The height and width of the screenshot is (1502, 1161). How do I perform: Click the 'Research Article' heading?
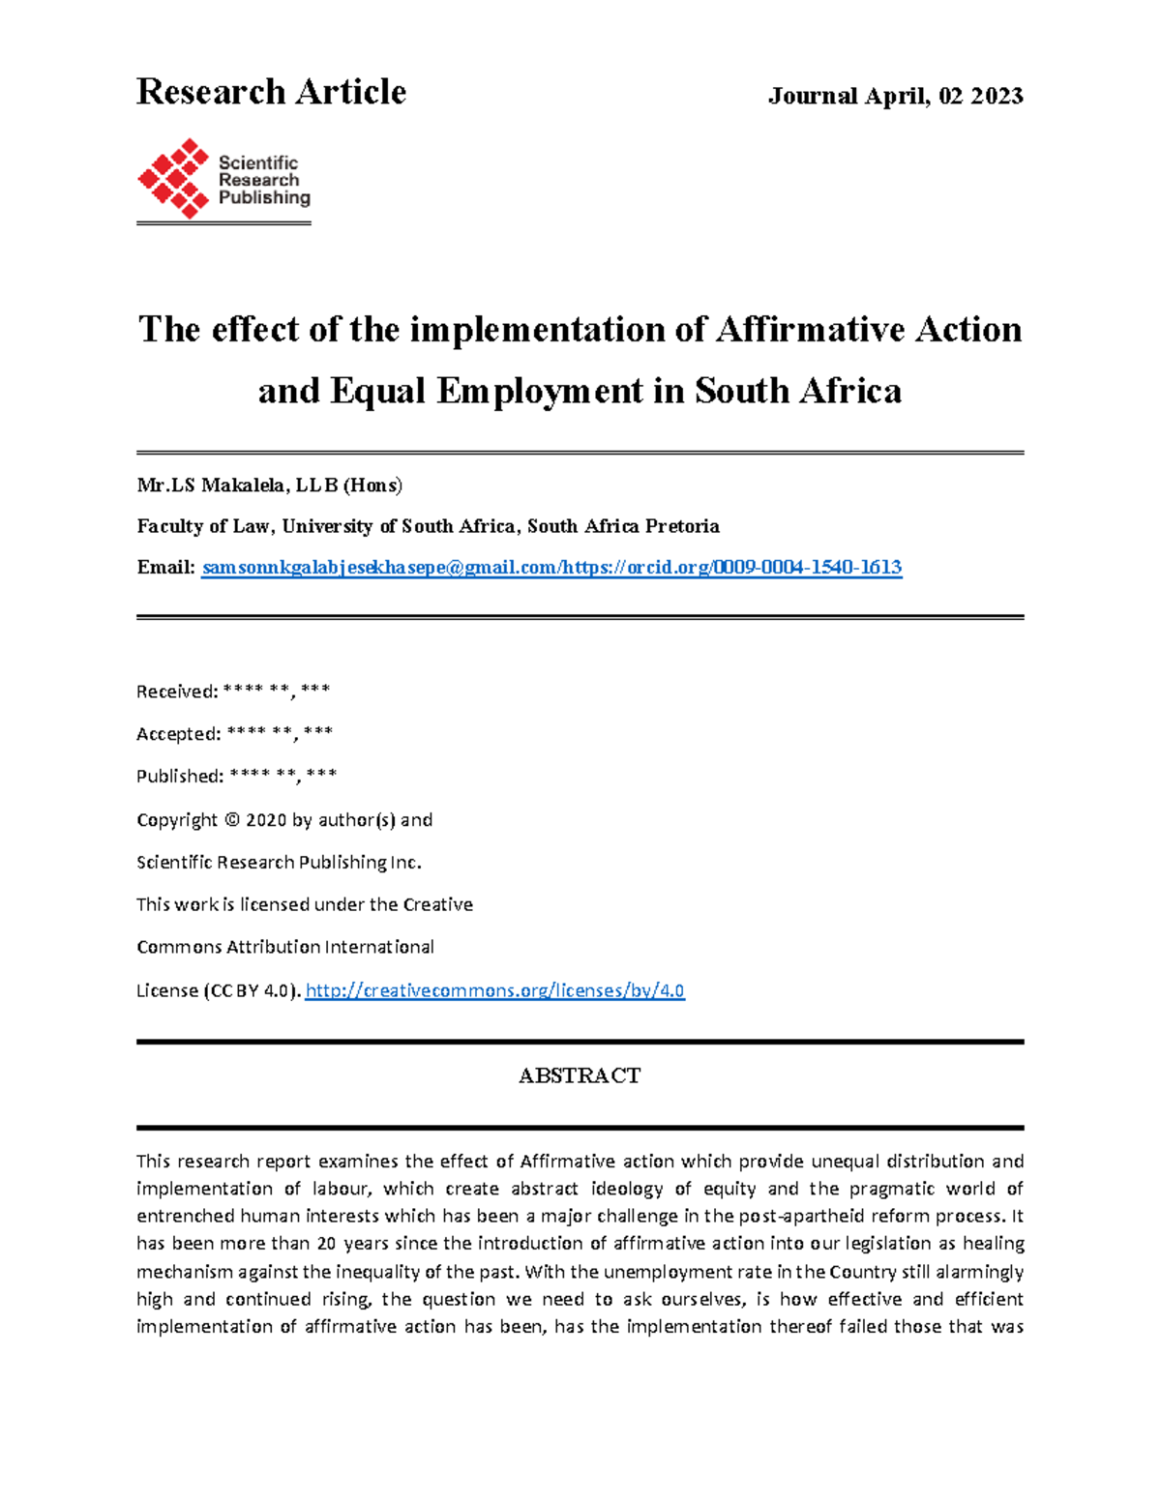(271, 92)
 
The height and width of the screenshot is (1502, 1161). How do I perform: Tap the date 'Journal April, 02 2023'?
(895, 96)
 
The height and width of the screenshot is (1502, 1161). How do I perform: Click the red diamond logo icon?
(173, 178)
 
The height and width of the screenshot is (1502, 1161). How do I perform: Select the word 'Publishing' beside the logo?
(264, 197)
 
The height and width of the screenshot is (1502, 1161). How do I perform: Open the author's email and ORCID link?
(551, 568)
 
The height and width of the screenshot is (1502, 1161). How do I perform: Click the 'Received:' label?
(177, 692)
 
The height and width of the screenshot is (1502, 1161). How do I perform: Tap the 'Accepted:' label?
(179, 734)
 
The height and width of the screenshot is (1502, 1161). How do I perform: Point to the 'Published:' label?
(180, 777)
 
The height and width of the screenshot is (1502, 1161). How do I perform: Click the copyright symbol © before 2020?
(230, 820)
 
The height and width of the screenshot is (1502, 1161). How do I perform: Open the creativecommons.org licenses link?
(494, 990)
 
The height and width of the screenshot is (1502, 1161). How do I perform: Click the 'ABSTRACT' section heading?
(580, 1075)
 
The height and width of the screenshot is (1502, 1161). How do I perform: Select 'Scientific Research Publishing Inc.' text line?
(279, 862)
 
